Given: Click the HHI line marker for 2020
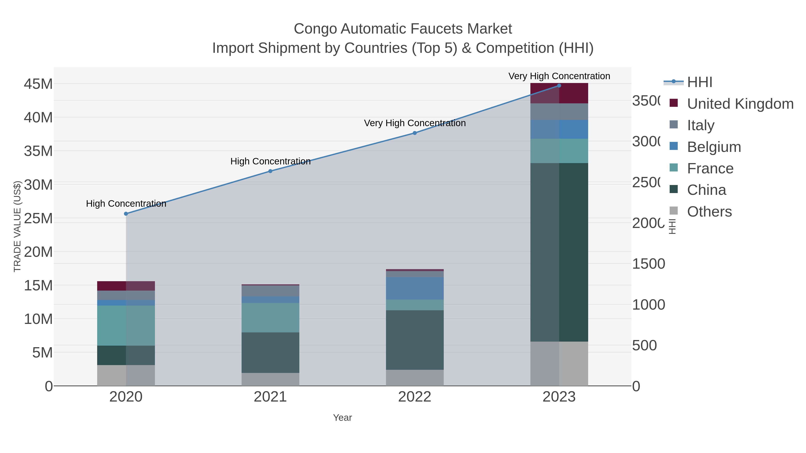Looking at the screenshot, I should [126, 214].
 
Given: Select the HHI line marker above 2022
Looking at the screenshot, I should [415, 133].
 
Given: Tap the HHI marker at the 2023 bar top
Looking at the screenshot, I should [559, 85].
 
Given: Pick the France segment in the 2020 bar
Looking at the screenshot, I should [126, 325].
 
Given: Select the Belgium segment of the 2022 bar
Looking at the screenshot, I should [415, 288].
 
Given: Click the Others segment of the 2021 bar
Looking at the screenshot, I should [270, 379].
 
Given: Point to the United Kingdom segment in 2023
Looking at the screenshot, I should [559, 93].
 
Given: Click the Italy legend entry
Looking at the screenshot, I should [701, 125].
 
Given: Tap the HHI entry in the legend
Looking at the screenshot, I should [700, 82].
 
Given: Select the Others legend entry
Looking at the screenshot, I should [709, 212].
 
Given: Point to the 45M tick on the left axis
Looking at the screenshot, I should [38, 84].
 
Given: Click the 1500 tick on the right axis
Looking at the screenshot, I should [648, 264].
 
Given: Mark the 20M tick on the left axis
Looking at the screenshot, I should [38, 252].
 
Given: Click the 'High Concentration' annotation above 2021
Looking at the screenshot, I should [270, 161].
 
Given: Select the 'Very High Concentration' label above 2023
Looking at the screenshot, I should [559, 76].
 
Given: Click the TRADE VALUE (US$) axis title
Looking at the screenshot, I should [17, 226].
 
